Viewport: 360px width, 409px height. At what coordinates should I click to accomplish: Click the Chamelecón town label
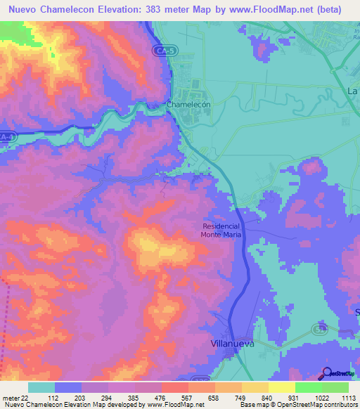pyautogui.click(x=188, y=105)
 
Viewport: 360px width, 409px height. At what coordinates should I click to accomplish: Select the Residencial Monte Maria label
pyautogui.click(x=221, y=231)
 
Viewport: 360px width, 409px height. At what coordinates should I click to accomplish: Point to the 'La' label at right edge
pyautogui.click(x=353, y=92)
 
